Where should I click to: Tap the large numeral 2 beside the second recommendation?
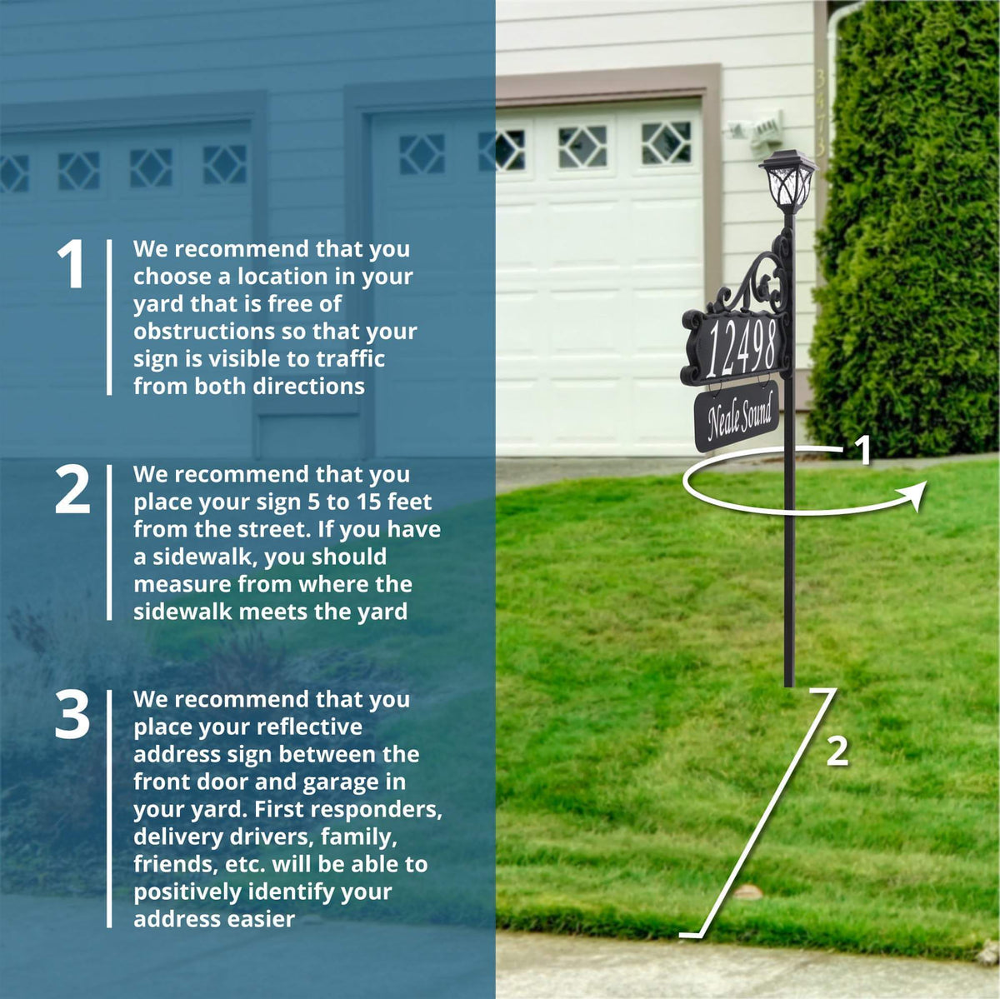point(72,489)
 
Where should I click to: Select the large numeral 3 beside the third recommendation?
point(72,714)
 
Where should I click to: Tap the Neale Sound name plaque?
point(737,416)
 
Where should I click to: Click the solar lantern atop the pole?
point(787,182)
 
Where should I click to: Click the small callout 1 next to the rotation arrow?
point(862,451)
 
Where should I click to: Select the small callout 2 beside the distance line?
point(837,751)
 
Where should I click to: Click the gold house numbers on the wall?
point(821,113)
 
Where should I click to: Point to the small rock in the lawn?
point(747,892)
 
